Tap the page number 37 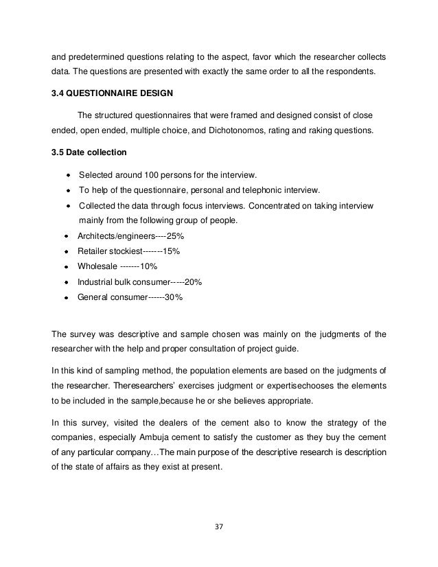tap(220, 528)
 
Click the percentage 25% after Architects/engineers tap(175, 235)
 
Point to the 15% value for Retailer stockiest tap(172, 251)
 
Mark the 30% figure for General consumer tap(174, 298)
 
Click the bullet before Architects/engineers tap(66, 236)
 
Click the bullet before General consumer tap(66, 299)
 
